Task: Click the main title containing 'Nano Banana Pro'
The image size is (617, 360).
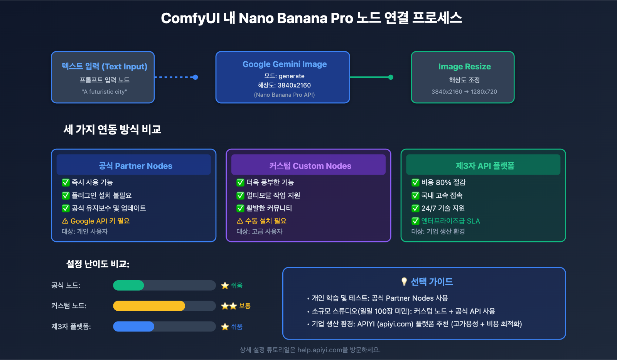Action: click(311, 18)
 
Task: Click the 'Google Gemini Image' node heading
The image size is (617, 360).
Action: click(285, 64)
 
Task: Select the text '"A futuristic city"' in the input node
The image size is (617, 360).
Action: click(104, 92)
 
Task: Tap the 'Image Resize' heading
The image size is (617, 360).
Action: click(464, 67)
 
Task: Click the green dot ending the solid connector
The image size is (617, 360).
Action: click(391, 77)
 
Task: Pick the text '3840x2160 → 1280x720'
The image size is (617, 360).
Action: click(464, 92)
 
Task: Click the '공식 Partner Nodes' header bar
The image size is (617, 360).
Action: click(133, 165)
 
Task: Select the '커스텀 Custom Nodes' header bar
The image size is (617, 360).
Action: click(308, 165)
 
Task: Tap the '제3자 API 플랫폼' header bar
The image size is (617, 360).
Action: click(483, 165)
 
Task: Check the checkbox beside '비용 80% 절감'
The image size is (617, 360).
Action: click(415, 182)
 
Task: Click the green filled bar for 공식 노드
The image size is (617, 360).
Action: click(128, 285)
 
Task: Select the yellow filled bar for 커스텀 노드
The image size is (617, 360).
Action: click(149, 306)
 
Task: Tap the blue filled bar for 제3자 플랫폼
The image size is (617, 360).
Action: click(133, 326)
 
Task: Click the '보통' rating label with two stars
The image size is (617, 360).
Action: click(244, 306)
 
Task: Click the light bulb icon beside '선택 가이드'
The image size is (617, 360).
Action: click(404, 282)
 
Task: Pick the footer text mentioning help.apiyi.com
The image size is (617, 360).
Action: click(310, 350)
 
